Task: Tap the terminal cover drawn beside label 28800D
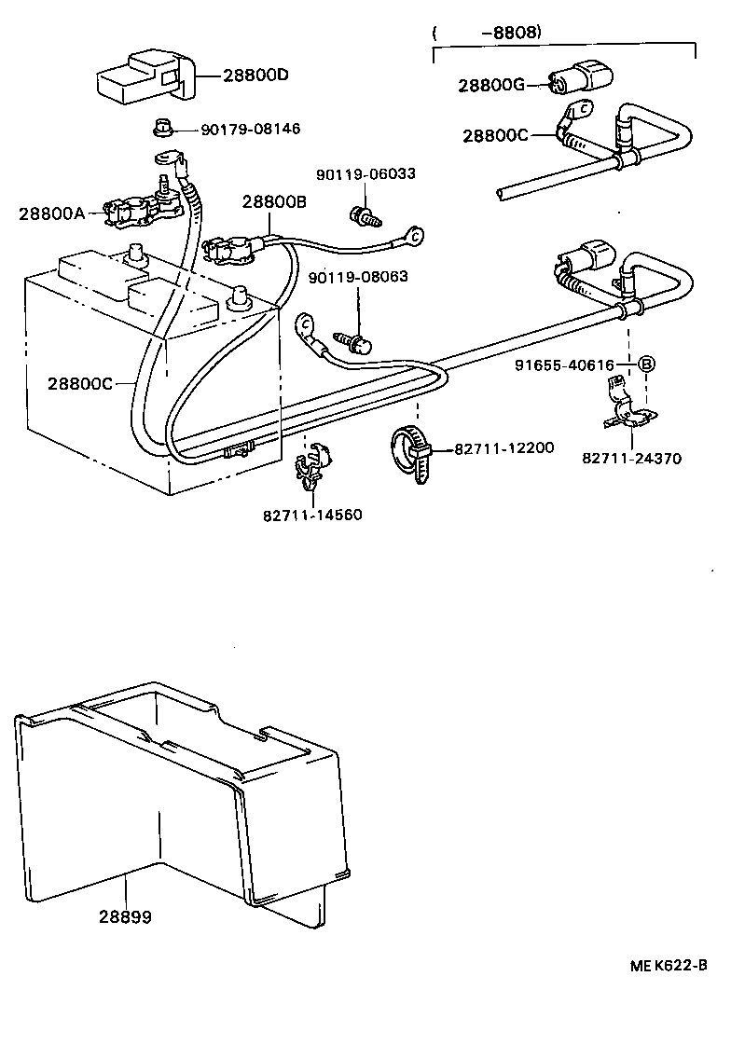145,76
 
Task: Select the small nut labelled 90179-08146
161,127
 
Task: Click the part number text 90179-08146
251,129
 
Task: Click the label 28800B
274,201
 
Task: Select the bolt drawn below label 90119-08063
357,341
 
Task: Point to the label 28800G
491,86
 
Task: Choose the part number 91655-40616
564,365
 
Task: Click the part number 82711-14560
312,515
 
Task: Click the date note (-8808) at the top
488,32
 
